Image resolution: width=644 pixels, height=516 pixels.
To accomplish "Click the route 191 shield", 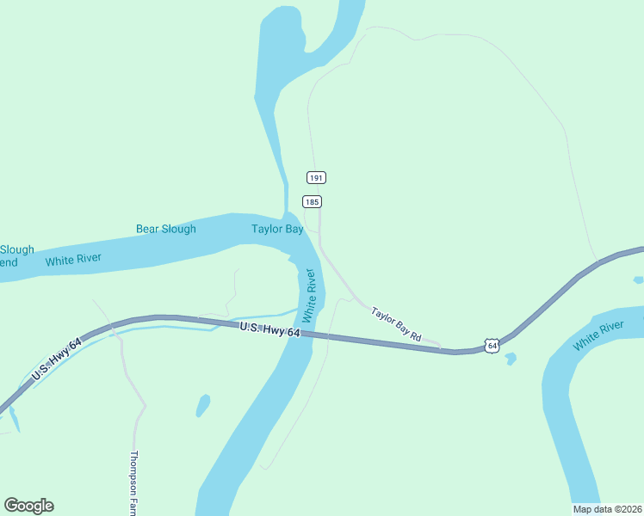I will click(x=316, y=177).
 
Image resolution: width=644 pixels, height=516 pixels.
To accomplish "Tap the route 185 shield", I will click(x=312, y=201).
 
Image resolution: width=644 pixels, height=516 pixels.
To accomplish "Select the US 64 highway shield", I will click(x=491, y=345).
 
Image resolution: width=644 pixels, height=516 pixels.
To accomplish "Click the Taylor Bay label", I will click(x=277, y=229).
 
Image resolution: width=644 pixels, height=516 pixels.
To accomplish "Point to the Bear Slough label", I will click(x=166, y=229).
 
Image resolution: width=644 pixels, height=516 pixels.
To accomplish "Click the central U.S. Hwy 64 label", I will click(x=270, y=329).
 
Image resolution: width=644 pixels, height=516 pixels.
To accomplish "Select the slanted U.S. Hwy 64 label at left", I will click(x=57, y=360).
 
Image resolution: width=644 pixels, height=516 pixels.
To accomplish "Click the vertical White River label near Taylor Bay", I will click(x=310, y=291).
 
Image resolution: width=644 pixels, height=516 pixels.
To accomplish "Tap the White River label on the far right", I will click(x=598, y=335).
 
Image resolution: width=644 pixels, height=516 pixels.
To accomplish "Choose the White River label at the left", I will click(x=73, y=260).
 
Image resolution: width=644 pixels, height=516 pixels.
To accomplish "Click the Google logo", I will click(x=28, y=506).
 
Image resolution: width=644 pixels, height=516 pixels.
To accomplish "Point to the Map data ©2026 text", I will click(x=607, y=508).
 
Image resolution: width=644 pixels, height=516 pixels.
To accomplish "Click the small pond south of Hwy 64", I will click(x=203, y=404).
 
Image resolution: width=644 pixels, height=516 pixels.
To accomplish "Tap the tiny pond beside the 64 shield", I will click(x=511, y=359).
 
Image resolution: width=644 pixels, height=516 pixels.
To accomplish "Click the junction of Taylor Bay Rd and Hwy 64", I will click(x=441, y=349).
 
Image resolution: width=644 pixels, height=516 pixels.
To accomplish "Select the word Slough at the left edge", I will click(x=17, y=250).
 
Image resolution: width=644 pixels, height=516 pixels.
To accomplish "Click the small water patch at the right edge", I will click(x=638, y=279).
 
